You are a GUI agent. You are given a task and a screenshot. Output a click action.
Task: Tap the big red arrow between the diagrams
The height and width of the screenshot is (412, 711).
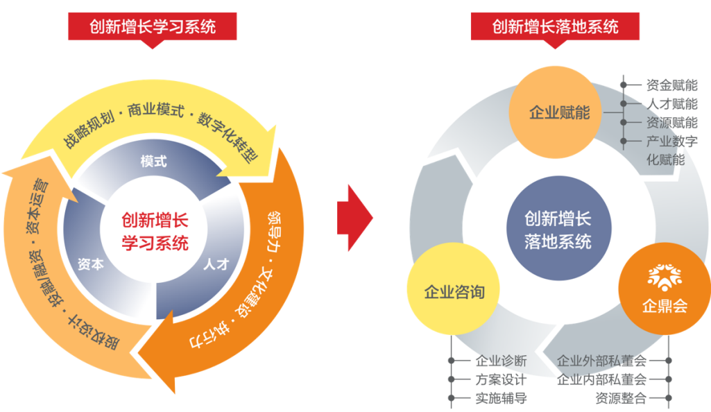354,218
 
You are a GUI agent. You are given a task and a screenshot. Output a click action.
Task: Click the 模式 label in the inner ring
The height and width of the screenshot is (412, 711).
153,162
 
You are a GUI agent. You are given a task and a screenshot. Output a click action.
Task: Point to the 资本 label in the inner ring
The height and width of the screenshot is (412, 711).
91,264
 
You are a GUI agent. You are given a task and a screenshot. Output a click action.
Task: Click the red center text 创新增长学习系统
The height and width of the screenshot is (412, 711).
154,232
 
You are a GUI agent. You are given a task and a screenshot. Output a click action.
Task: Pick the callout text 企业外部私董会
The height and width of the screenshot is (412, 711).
601,361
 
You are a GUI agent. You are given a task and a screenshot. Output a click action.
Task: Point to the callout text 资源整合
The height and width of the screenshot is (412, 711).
620,398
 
